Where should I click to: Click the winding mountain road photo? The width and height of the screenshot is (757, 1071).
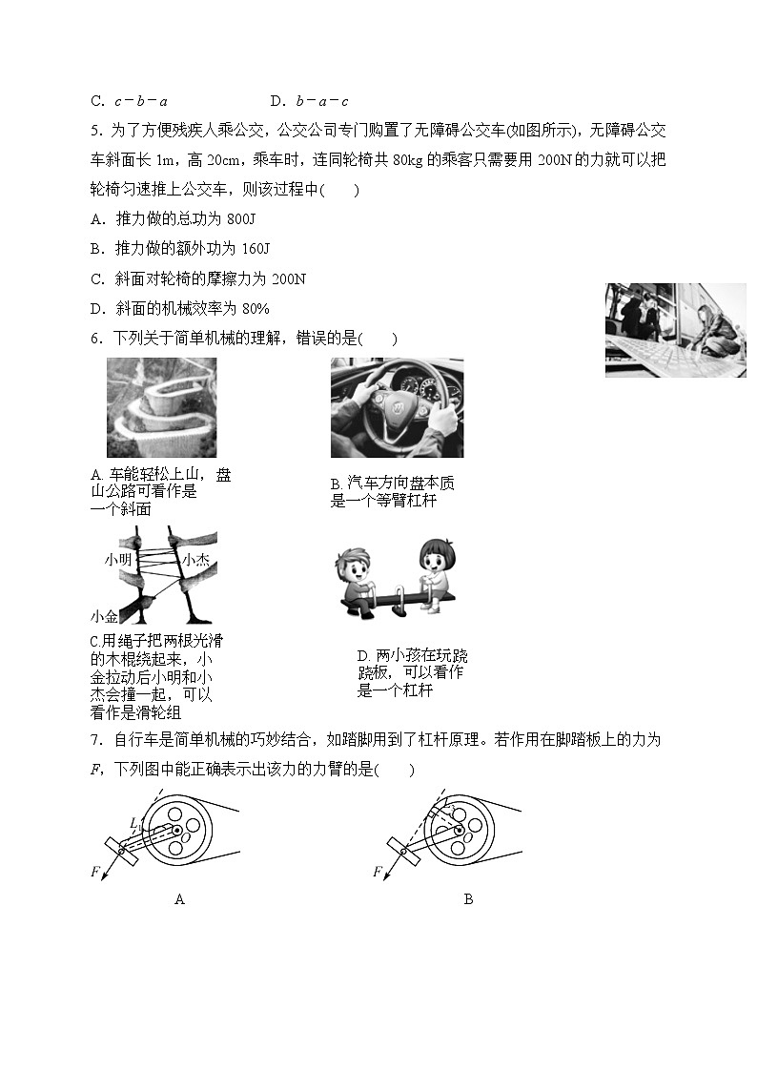[161, 407]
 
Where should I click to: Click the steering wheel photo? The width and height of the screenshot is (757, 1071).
[397, 408]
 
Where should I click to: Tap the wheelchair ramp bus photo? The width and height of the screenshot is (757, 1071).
[675, 330]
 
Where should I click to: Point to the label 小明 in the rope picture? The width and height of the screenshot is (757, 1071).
[119, 560]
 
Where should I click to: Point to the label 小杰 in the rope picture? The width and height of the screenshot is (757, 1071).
[195, 560]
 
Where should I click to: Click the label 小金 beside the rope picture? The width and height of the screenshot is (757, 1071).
[104, 616]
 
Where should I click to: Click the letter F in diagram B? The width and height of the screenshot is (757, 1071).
[378, 872]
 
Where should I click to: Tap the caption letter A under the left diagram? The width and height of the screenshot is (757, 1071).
[179, 899]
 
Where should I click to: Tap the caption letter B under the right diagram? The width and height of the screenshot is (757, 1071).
[468, 899]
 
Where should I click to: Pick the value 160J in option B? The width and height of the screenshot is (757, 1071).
[252, 249]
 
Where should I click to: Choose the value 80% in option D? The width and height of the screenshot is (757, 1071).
[255, 308]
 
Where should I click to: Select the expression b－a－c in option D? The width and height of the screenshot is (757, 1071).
[322, 100]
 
